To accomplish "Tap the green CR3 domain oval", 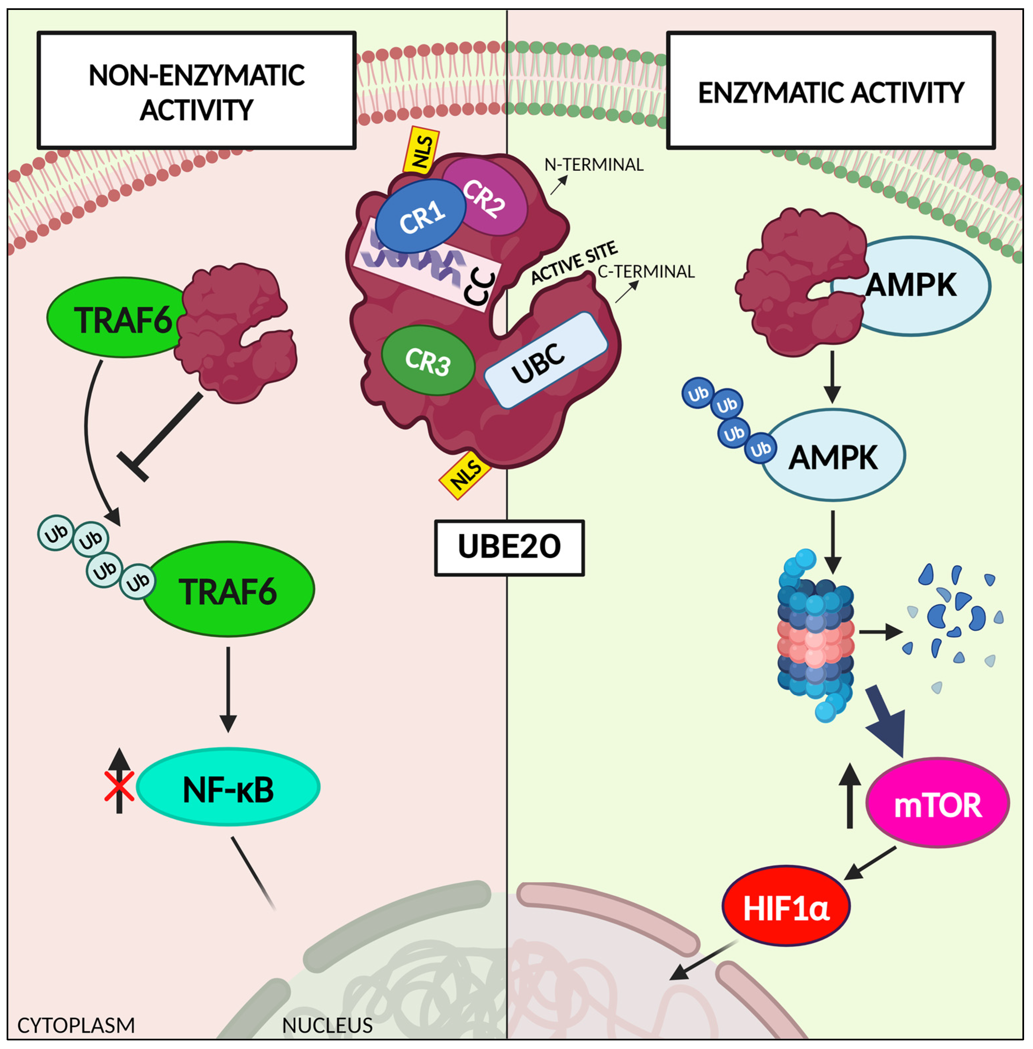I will (428, 361).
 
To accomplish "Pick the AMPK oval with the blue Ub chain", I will (833, 455).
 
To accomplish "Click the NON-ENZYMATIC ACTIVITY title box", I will (196, 90).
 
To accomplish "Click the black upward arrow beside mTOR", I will (850, 795).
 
